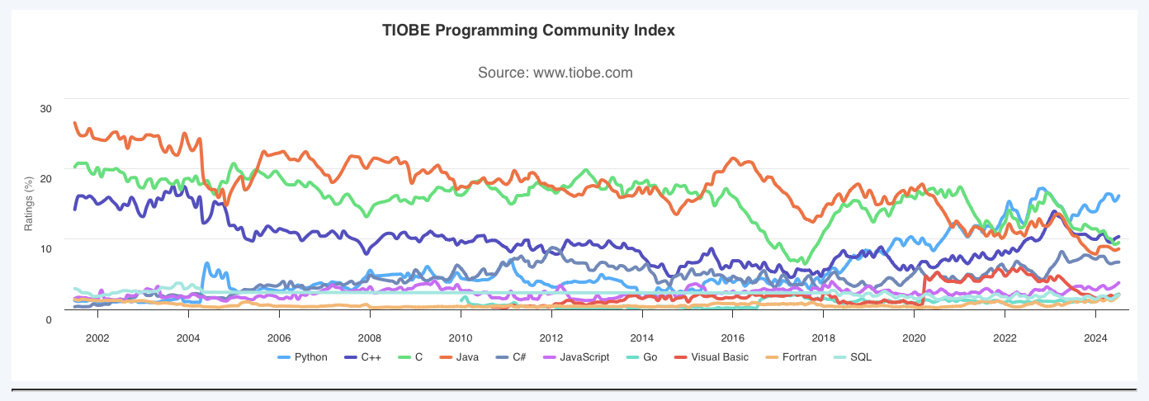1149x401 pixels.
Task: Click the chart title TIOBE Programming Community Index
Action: (x=529, y=31)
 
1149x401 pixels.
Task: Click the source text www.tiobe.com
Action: (x=555, y=73)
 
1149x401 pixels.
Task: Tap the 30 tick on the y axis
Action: (x=46, y=109)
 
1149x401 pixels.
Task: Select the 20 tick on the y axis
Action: (x=46, y=179)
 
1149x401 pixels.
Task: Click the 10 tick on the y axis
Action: (x=46, y=249)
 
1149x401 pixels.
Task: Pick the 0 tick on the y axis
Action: (x=49, y=319)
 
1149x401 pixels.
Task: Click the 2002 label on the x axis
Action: (x=97, y=337)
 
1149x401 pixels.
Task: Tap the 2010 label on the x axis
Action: (x=461, y=337)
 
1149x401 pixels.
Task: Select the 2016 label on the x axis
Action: (x=733, y=337)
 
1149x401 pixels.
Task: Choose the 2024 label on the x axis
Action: (x=1095, y=337)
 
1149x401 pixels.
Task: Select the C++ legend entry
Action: (x=376, y=357)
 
